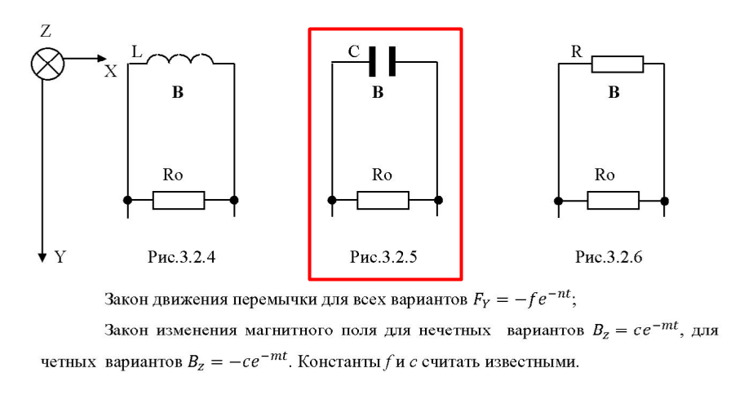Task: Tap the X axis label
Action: [111, 71]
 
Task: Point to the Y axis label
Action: [60, 257]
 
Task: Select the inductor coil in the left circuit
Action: [179, 59]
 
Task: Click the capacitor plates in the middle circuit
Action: [383, 61]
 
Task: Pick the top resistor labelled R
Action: [618, 64]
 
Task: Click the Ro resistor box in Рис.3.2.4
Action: [179, 200]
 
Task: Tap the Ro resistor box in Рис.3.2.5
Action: [383, 200]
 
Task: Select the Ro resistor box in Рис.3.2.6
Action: [613, 201]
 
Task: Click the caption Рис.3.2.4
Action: [181, 257]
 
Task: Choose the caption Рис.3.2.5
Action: [383, 257]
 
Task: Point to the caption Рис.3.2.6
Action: [609, 257]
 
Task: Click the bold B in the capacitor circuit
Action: [378, 92]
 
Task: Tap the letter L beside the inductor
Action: [137, 51]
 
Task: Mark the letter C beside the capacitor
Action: [354, 51]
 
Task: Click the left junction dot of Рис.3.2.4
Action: [127, 200]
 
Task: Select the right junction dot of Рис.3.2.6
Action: [664, 202]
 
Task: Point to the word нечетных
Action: [454, 330]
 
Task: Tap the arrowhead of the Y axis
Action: [42, 258]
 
